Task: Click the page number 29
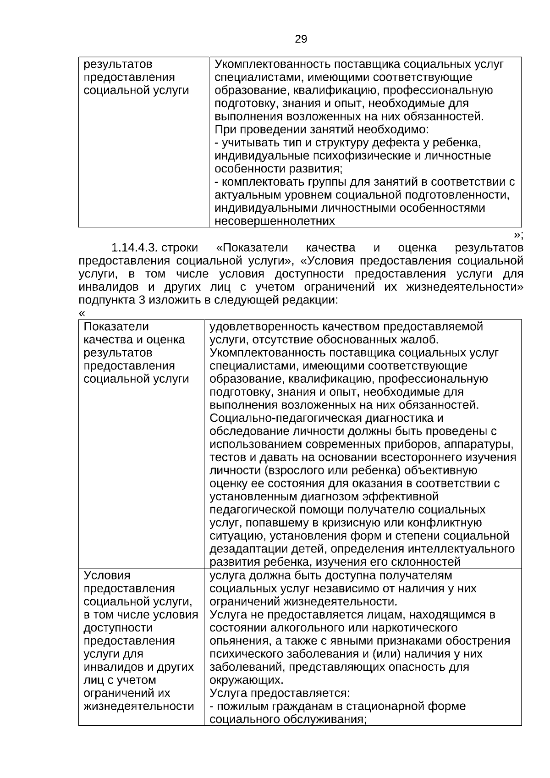pos(301,39)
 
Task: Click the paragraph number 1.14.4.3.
pos(135,248)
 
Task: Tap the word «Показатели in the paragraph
pos(252,248)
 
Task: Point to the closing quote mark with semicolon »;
pos(518,235)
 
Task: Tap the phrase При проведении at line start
pos(253,130)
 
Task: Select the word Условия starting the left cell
pos(107,575)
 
